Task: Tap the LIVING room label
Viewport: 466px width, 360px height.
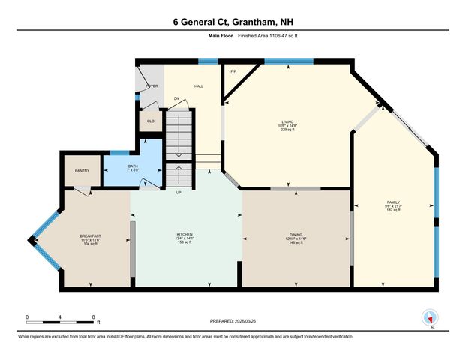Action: click(287, 121)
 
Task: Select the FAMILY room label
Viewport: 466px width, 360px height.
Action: click(393, 202)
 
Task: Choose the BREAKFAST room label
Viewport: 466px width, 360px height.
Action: click(89, 235)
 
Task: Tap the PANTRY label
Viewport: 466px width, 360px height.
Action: click(82, 171)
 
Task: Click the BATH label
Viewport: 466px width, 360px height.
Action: click(133, 166)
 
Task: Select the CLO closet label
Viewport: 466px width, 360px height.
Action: click(150, 120)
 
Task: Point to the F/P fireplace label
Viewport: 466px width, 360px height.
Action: click(233, 72)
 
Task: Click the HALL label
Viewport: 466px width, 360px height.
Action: click(199, 86)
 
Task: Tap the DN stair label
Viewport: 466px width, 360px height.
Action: click(176, 98)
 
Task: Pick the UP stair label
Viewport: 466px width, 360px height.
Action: click(178, 192)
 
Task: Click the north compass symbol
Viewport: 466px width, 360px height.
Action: click(431, 318)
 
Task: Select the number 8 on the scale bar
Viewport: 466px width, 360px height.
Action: click(94, 316)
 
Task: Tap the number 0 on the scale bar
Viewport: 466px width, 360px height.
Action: click(27, 316)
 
